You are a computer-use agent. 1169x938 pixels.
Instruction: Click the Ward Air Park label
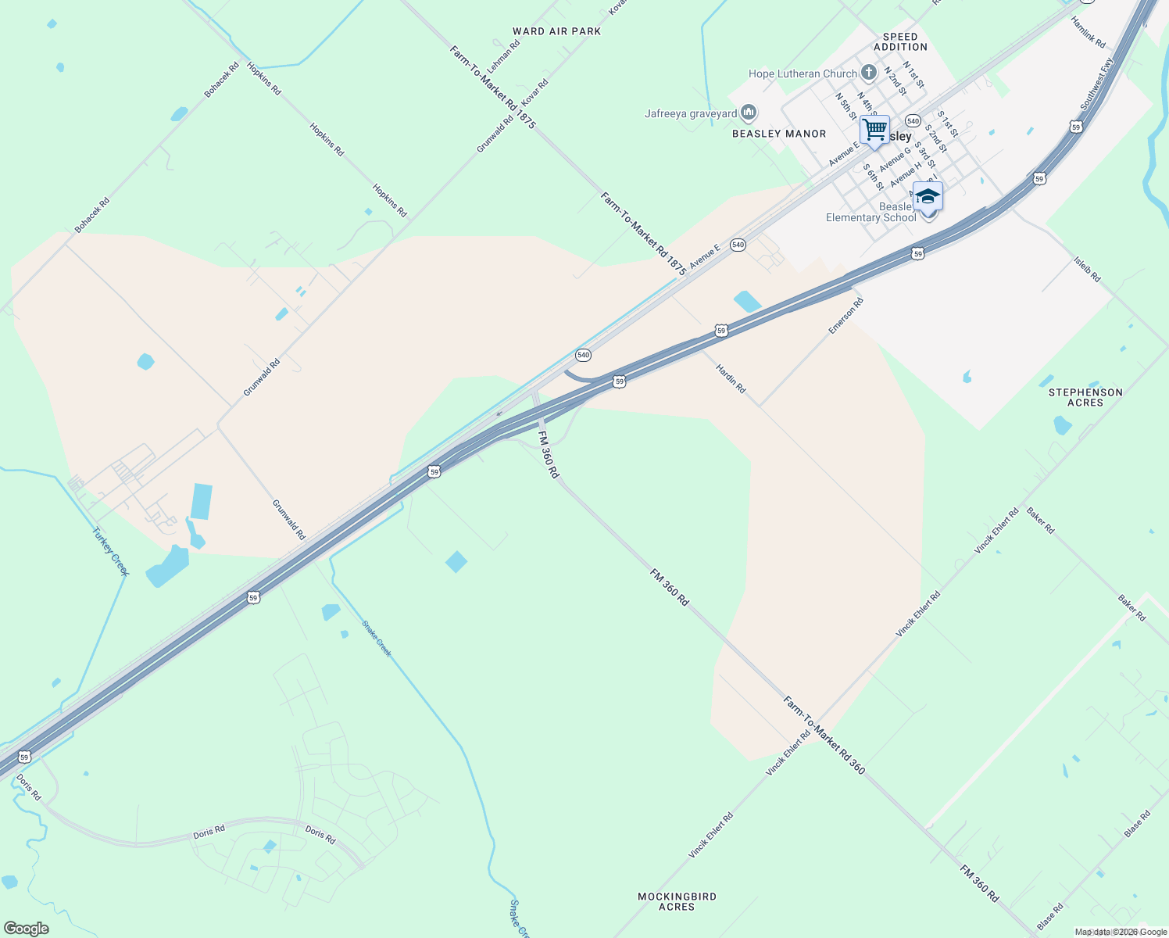pyautogui.click(x=556, y=31)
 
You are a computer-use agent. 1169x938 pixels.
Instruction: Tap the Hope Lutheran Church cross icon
pyautogui.click(x=868, y=73)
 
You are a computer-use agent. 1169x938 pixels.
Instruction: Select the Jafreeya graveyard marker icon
pyautogui.click(x=749, y=113)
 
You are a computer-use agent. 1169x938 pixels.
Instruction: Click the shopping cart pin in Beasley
pyautogui.click(x=875, y=129)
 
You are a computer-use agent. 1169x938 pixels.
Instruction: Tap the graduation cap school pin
pyautogui.click(x=928, y=196)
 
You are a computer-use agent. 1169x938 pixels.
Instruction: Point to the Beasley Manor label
pyautogui.click(x=779, y=134)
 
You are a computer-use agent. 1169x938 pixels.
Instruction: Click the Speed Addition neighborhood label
pyautogui.click(x=900, y=41)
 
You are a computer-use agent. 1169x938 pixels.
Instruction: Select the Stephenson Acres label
pyautogui.click(x=1085, y=397)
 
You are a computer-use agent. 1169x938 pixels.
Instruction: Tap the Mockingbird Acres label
pyautogui.click(x=677, y=901)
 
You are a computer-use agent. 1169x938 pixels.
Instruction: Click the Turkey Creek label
pyautogui.click(x=110, y=551)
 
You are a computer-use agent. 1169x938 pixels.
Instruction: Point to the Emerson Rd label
pyautogui.click(x=846, y=316)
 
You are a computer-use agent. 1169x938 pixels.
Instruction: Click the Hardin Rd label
pyautogui.click(x=731, y=378)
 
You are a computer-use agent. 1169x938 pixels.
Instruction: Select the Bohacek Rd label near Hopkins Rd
pyautogui.click(x=221, y=81)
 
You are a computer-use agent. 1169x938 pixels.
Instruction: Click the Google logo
pyautogui.click(x=26, y=929)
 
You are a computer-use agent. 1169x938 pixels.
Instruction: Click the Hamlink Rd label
pyautogui.click(x=1089, y=33)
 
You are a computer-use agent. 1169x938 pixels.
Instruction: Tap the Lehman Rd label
pyautogui.click(x=504, y=56)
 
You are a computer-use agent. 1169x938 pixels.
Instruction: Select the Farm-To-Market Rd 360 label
pyautogui.click(x=824, y=736)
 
